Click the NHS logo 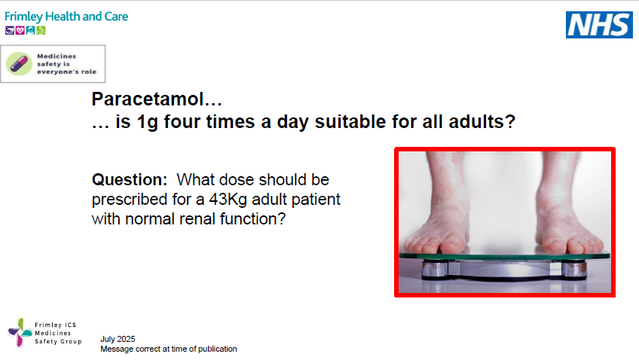click(x=599, y=25)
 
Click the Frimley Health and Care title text click(x=66, y=17)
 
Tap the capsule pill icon click(x=20, y=63)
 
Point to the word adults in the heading click(x=487, y=121)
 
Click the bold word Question click(x=129, y=180)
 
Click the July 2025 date click(x=118, y=339)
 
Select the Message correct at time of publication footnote click(x=169, y=349)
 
